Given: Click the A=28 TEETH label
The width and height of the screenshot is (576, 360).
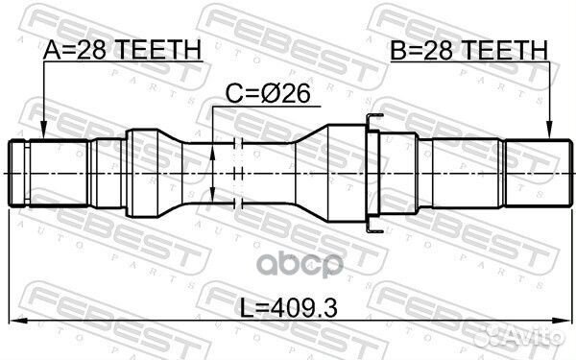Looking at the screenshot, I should pyautogui.click(x=123, y=49).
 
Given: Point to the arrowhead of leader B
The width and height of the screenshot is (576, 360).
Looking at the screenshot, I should pyautogui.click(x=549, y=136).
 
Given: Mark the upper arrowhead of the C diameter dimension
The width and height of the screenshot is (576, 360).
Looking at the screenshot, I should pyautogui.click(x=213, y=145).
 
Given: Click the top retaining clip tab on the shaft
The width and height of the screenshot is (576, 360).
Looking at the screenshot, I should pyautogui.click(x=373, y=119).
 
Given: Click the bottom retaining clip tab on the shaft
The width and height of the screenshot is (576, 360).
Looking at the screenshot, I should pyautogui.click(x=373, y=227).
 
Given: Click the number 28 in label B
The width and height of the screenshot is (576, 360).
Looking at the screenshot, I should pyautogui.click(x=438, y=49).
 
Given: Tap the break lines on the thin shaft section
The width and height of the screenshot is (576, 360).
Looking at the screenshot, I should pyautogui.click(x=240, y=173).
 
